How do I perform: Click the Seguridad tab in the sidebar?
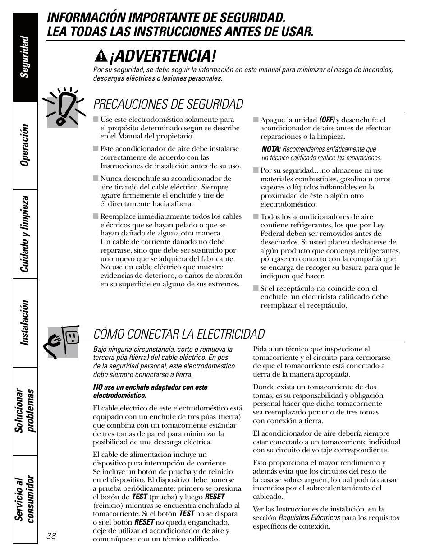coord(25,56)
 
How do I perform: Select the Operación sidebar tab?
coord(25,145)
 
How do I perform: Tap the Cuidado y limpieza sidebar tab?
coord(25,234)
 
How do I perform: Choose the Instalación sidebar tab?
coord(25,322)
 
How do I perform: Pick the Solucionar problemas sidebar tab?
coord(25,411)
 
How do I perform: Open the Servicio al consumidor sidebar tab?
coord(25,499)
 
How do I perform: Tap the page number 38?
coord(51,535)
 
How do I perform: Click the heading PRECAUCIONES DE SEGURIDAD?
coord(168,104)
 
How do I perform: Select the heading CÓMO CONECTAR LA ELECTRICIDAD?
coord(179,334)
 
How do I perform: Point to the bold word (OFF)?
coord(327,120)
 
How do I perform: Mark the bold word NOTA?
coord(271,149)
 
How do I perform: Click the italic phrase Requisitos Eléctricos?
coord(309,518)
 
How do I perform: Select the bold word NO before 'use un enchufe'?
coord(98,387)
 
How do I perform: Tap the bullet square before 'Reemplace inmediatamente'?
coord(96,216)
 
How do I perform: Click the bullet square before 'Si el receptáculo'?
coord(256,289)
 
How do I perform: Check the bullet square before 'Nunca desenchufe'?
coord(96,178)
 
